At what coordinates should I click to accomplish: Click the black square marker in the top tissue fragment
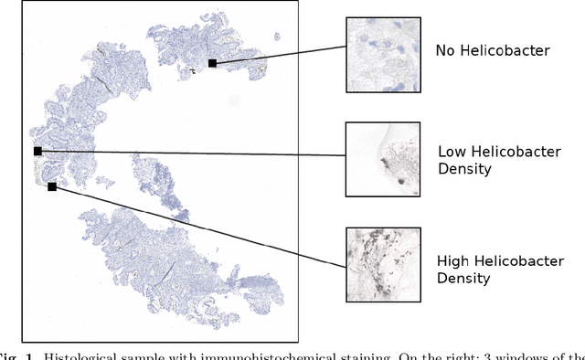[212, 63]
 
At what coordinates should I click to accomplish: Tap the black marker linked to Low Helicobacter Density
[37, 151]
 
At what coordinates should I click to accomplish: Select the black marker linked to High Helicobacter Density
[52, 186]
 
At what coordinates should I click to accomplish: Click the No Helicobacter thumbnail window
[384, 54]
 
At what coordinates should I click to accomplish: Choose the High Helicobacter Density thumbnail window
[384, 264]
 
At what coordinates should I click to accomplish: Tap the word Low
[452, 152]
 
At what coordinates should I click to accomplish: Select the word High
[454, 260]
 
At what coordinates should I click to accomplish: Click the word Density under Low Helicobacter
[466, 169]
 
